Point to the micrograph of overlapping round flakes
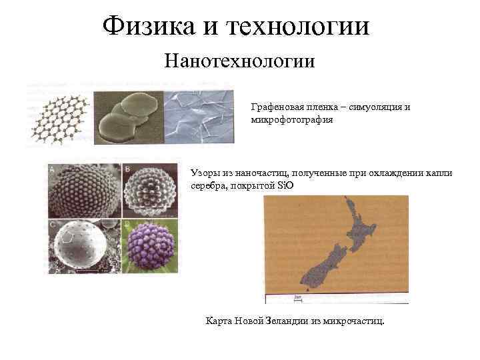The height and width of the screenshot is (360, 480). click(128, 117)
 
